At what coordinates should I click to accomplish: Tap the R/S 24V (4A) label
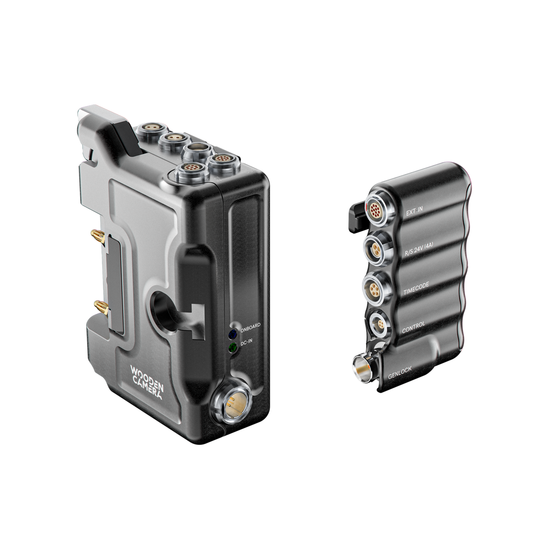[x=419, y=249]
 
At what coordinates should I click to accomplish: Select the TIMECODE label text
[x=416, y=289]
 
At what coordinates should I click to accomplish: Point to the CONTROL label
[x=413, y=327]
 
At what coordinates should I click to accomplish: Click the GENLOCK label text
[x=400, y=372]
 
